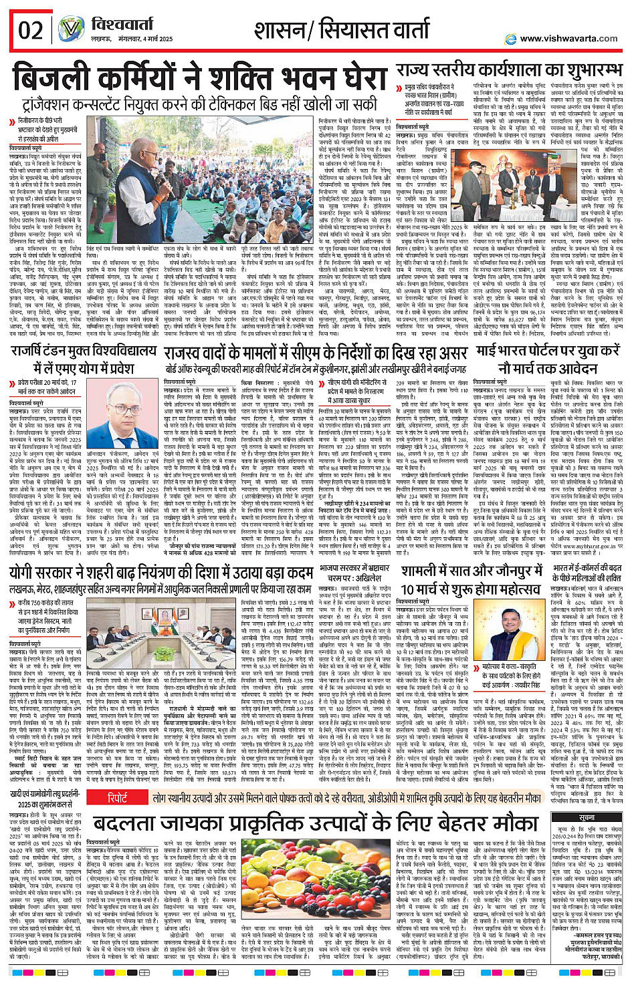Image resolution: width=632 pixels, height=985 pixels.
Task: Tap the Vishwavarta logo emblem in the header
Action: pyautogui.click(x=70, y=30)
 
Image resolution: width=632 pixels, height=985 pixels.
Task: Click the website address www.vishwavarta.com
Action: pyautogui.click(x=568, y=38)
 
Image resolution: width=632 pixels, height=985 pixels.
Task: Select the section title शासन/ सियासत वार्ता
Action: pyautogui.click(x=341, y=30)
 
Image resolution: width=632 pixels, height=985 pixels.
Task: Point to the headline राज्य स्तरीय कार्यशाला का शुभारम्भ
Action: pyautogui.click(x=508, y=70)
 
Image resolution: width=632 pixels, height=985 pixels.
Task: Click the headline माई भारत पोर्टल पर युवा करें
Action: pyautogui.click(x=548, y=358)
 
